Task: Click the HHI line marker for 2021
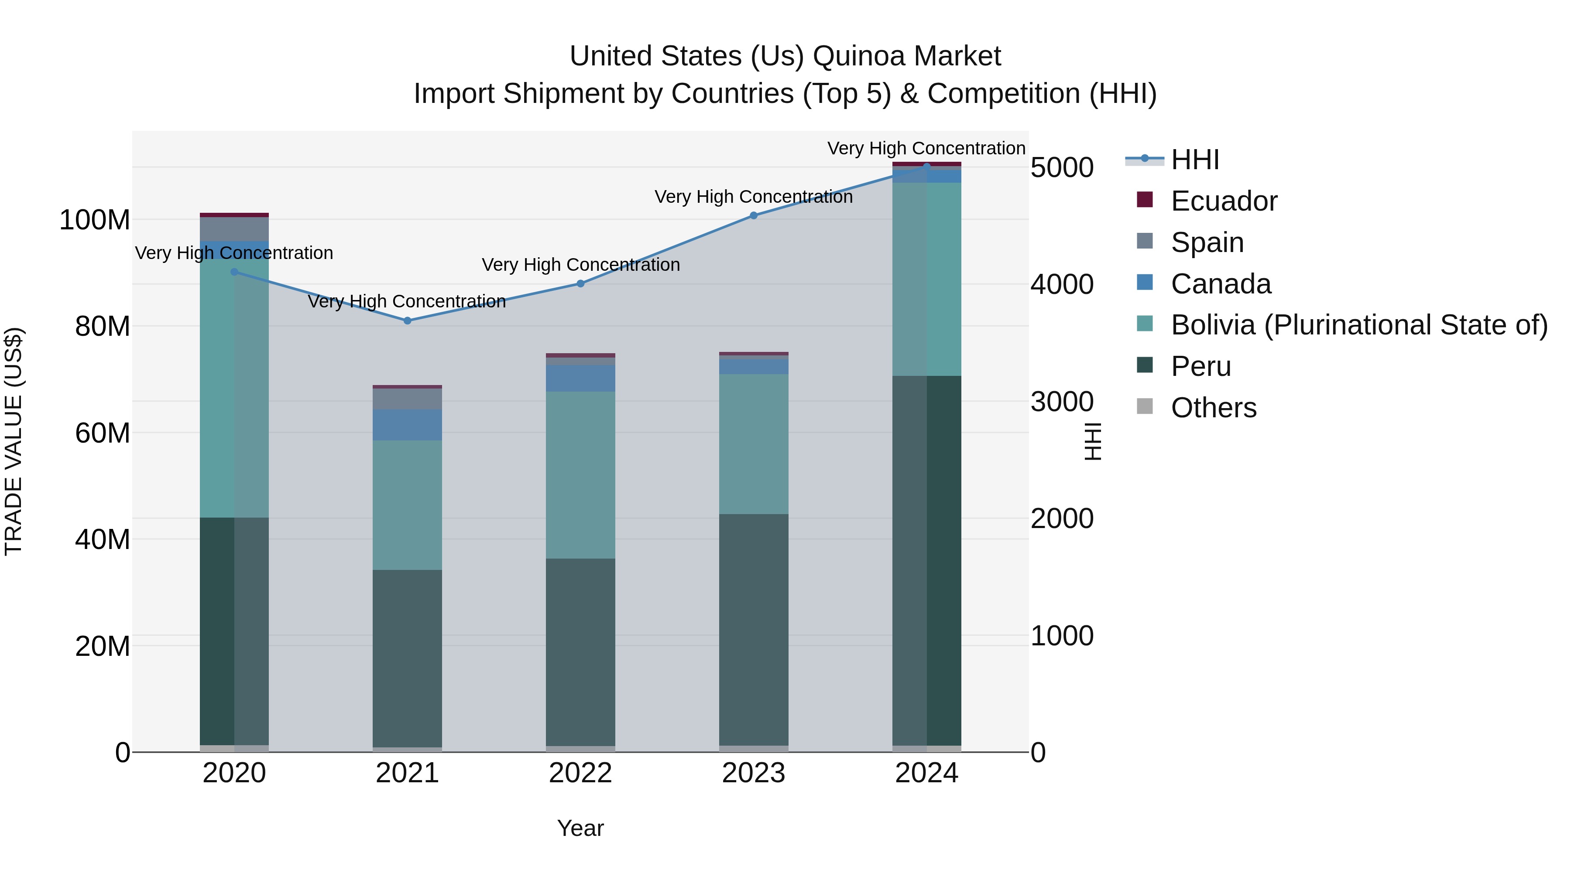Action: click(408, 320)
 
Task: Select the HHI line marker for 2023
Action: click(754, 215)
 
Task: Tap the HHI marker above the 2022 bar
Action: click(580, 283)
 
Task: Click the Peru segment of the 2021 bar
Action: click(408, 658)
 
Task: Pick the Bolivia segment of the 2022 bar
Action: click(580, 475)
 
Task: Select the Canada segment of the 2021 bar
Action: click(408, 425)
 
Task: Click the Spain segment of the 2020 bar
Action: click(234, 229)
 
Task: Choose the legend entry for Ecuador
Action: click(1223, 201)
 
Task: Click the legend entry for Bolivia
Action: click(1359, 325)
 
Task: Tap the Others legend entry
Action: click(1213, 408)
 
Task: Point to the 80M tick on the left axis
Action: click(103, 327)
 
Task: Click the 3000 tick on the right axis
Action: click(1062, 402)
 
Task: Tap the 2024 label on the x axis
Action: click(926, 773)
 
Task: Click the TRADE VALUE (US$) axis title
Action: click(14, 441)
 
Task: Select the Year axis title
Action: click(580, 828)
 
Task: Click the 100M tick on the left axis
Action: click(95, 220)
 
